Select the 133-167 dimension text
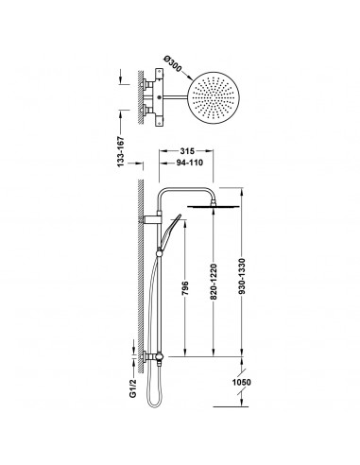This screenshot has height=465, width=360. tap(121, 152)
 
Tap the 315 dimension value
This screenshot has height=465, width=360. tap(187, 151)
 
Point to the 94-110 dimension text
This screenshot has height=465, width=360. tap(189, 163)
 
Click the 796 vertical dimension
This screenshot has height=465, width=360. tap(185, 288)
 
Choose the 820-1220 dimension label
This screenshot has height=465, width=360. tap(214, 282)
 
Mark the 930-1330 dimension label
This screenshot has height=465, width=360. tap(242, 277)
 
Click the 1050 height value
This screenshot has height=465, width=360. tap(242, 382)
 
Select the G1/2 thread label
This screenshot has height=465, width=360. tap(133, 388)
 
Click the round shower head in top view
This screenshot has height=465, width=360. tap(214, 96)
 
